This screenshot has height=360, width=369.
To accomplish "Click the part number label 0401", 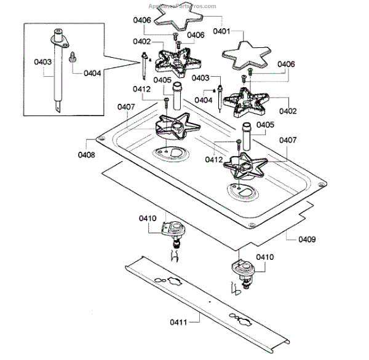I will coord(222,31).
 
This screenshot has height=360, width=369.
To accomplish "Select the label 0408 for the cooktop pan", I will coord(87,155).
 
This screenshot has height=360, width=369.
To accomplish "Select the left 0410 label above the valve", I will coord(148,217).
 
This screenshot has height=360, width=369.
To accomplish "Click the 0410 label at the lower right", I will coord(265,257).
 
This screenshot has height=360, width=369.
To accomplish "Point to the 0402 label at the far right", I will coord(287,111).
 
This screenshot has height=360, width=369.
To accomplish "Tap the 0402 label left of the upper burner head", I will coord(142,41).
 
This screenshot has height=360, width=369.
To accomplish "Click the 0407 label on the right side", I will coord(287,140).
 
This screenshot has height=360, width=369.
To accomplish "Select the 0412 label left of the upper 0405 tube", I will coord(142,90).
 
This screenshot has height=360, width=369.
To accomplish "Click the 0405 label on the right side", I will coord(265,125).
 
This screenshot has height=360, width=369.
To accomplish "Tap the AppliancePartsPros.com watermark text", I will coord(183,6).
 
